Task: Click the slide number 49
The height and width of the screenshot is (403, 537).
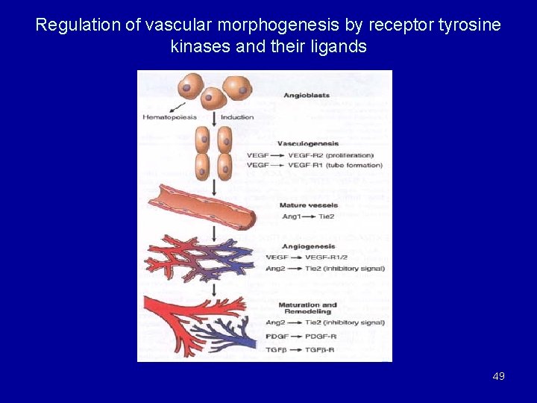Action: [x=498, y=376]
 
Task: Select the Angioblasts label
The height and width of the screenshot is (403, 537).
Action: [x=306, y=96]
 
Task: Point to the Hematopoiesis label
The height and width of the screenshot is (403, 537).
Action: [x=170, y=117]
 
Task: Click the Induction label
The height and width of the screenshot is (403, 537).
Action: [x=237, y=117]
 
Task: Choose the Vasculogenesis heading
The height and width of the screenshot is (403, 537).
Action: [x=307, y=143]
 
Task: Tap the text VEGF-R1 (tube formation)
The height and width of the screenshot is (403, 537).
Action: [x=346, y=165]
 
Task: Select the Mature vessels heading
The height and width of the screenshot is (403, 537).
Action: [x=308, y=205]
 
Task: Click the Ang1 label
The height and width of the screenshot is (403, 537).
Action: [x=291, y=216]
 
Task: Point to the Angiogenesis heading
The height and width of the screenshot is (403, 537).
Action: [x=308, y=246]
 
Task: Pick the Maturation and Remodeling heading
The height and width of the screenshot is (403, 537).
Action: [x=308, y=308]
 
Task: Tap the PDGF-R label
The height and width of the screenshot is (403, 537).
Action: [x=321, y=337]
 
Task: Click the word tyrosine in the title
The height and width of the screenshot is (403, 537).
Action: [x=470, y=25]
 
